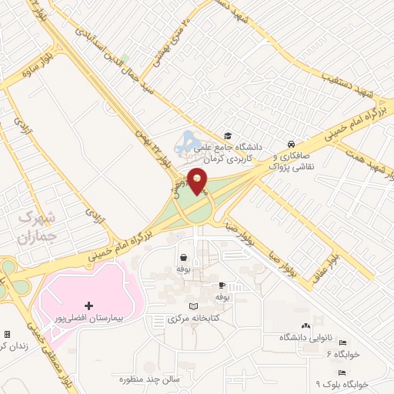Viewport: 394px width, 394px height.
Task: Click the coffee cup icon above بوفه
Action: [x=222, y=285]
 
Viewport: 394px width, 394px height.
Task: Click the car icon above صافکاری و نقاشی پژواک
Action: [x=291, y=144]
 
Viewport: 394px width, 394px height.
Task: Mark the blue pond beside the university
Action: [x=186, y=141]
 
